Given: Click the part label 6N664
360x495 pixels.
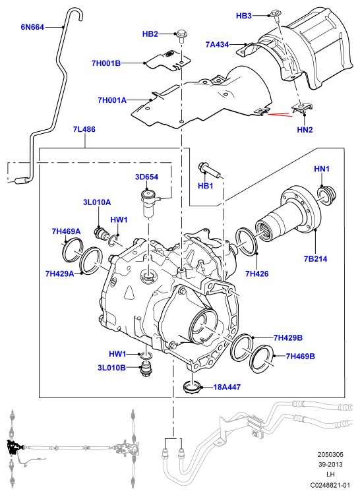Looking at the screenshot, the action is (32, 27).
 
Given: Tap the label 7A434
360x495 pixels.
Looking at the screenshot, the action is (217, 45).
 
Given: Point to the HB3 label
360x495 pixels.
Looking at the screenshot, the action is (244, 15).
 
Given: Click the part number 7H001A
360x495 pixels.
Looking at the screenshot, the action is (112, 100).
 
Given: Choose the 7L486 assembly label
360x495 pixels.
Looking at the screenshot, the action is (84, 129).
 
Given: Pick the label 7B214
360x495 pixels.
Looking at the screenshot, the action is (315, 259).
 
